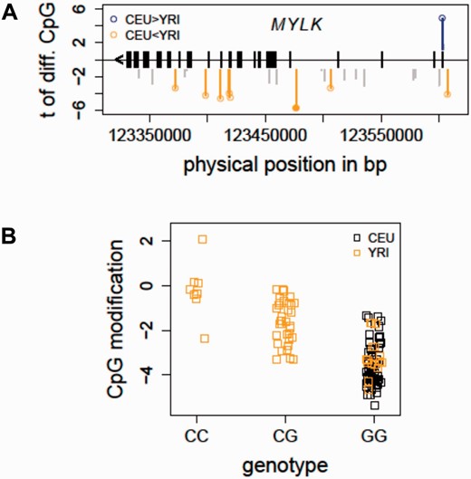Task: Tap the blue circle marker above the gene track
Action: pos(442,18)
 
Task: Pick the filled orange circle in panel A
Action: pos(296,108)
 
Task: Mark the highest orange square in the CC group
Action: pos(203,240)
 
